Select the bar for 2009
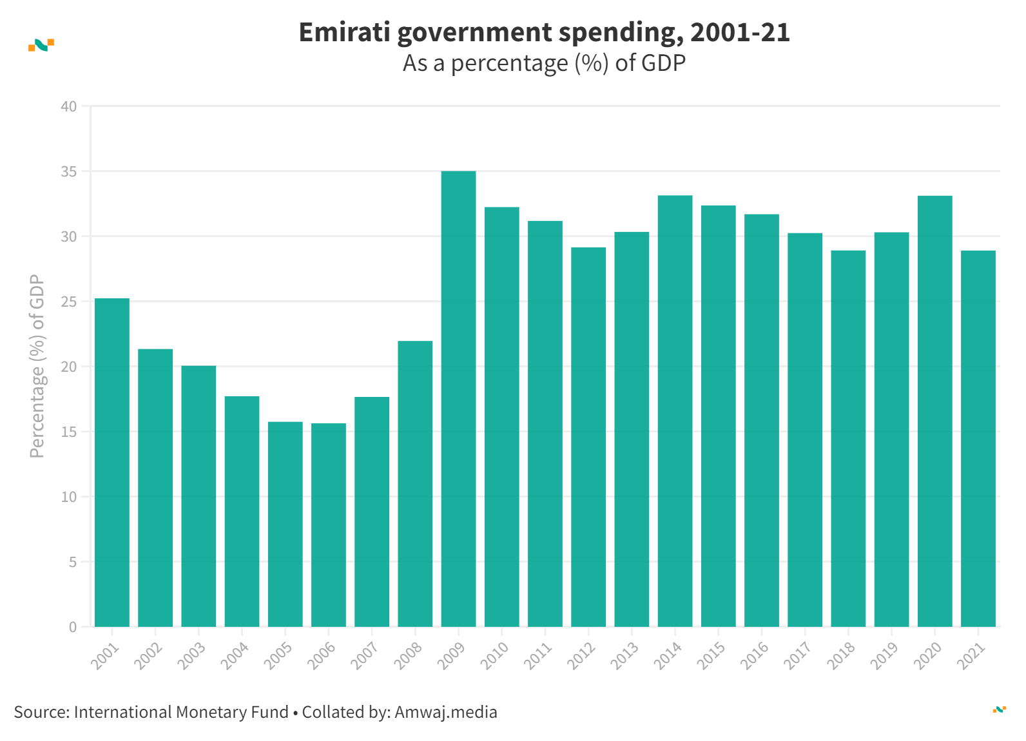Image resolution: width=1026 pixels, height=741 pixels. tap(458, 399)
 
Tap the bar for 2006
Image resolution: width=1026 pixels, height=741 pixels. tap(329, 525)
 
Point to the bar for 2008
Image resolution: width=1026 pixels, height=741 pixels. tap(415, 483)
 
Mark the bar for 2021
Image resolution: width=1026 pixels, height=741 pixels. tap(978, 438)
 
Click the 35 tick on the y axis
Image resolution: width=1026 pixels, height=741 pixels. tap(69, 171)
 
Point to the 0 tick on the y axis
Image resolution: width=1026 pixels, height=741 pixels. tap(73, 627)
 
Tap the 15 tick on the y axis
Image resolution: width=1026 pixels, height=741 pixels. tap(69, 432)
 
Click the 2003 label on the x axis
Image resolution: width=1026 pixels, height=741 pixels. tap(191, 656)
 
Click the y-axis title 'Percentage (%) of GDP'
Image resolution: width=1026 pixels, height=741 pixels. tap(37, 366)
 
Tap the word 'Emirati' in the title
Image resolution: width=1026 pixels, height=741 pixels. tap(344, 32)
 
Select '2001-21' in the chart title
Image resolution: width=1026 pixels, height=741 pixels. tap(740, 32)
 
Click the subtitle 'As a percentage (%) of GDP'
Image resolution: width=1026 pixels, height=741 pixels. tap(544, 63)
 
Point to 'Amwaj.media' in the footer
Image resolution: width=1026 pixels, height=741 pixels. tap(446, 712)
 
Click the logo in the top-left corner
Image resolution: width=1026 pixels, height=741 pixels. tap(41, 45)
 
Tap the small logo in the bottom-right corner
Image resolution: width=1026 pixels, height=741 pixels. tap(999, 709)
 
